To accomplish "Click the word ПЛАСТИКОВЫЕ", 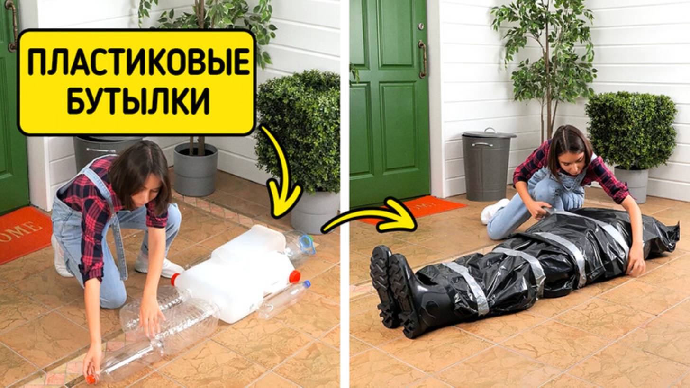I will point(138,62).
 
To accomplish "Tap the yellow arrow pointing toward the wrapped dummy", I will point(374,216).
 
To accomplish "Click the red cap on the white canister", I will point(294,276).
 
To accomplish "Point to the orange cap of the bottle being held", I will point(91,379).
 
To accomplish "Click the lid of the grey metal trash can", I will point(489,134).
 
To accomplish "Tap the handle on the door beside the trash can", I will point(422,59).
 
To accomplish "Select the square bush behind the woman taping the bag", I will point(631,130).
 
